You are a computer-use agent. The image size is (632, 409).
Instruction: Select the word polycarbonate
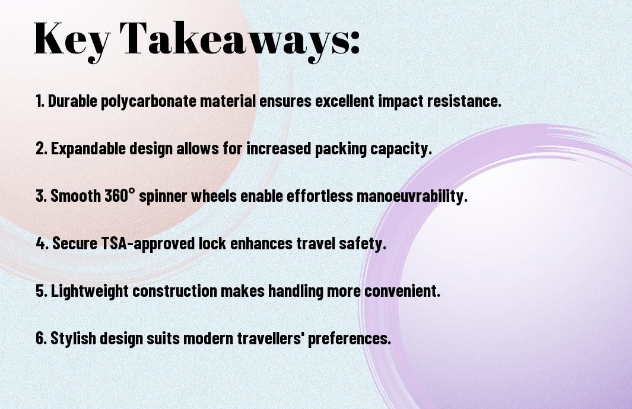[150, 102]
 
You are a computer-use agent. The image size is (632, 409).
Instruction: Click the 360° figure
[120, 196]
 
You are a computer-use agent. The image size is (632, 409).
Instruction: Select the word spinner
[163, 196]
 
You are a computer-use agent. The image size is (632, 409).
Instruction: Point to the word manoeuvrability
[412, 196]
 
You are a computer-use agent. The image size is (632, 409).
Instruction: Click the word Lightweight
[90, 291]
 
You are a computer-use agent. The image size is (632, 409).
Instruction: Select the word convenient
[402, 291]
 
